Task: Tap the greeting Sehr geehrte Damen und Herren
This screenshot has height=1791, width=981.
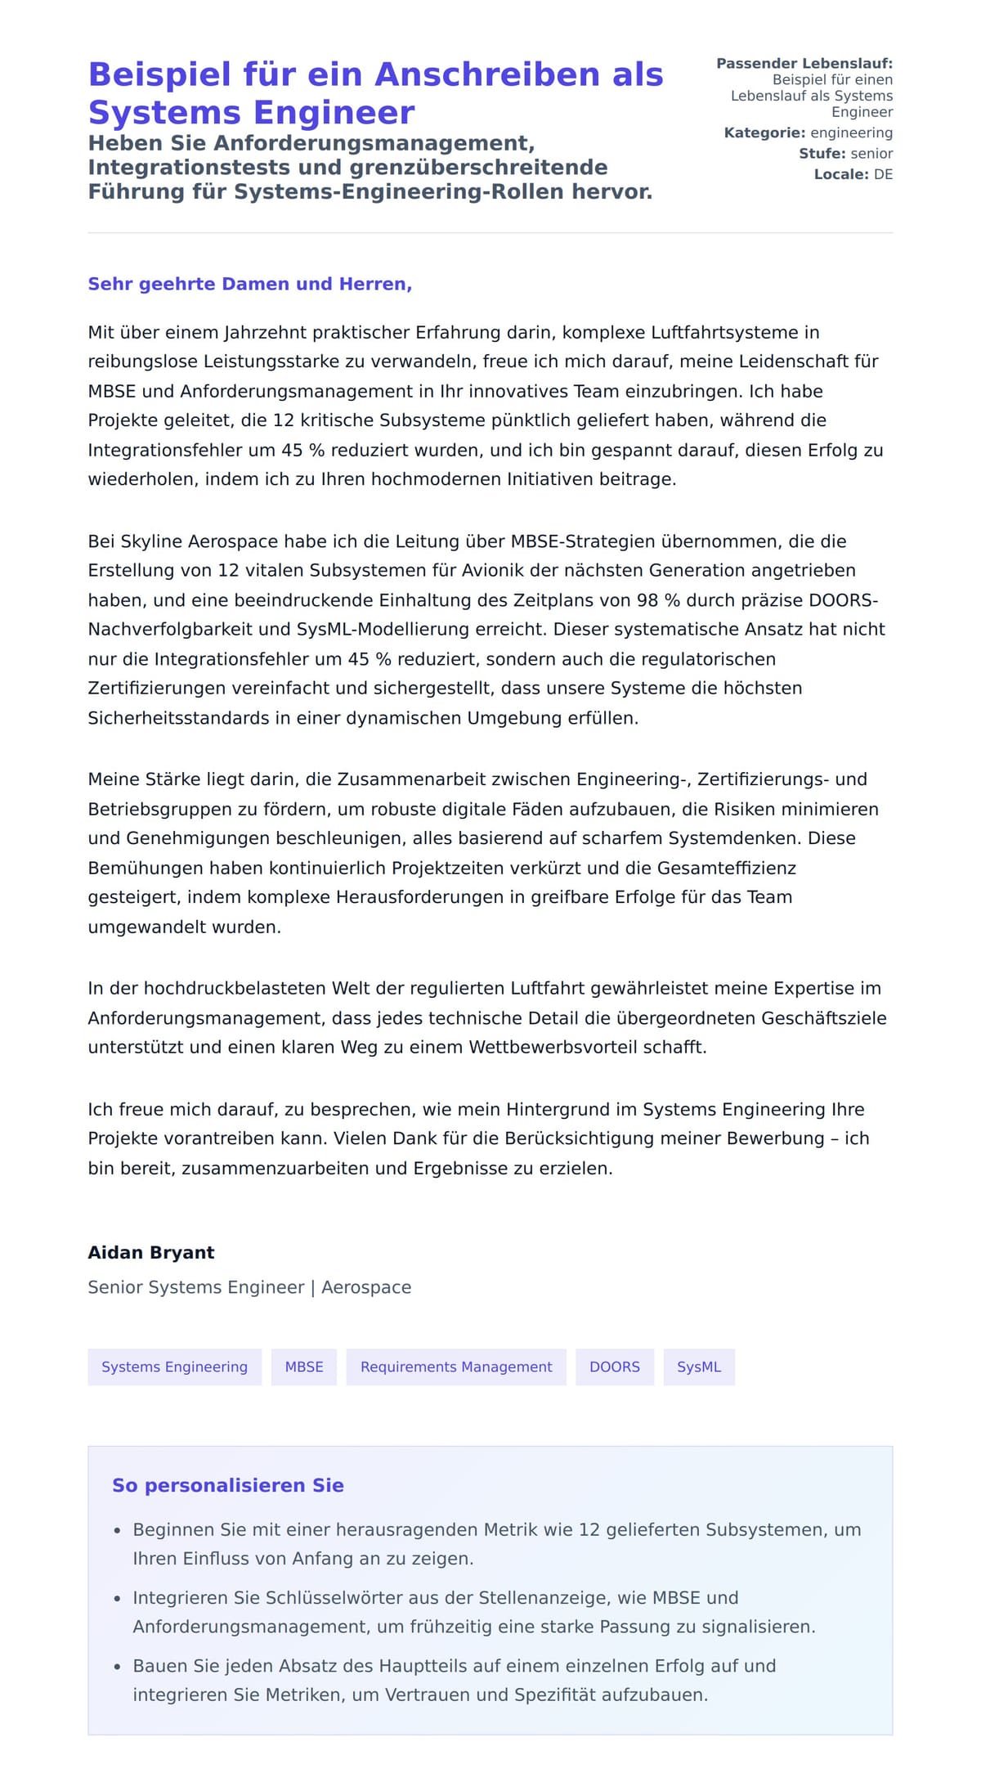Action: (249, 284)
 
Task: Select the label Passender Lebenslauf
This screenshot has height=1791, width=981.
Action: (804, 63)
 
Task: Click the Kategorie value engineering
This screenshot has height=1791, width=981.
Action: (851, 132)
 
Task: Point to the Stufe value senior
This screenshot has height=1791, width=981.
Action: (871, 153)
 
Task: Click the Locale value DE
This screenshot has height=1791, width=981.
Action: (883, 174)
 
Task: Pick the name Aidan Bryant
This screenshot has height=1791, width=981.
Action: (151, 1252)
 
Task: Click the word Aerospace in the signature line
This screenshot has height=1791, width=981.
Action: (366, 1287)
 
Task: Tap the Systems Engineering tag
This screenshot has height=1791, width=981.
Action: (174, 1367)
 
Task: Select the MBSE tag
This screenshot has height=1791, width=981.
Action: (304, 1367)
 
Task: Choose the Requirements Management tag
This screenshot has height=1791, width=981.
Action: (456, 1367)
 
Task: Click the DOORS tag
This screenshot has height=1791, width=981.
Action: (615, 1367)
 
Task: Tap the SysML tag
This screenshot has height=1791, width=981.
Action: (699, 1367)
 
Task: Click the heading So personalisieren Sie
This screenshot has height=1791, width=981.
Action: (228, 1485)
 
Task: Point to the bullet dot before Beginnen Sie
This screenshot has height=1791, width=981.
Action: (118, 1530)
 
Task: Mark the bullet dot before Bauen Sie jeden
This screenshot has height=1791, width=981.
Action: (118, 1667)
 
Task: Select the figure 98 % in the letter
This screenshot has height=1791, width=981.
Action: (658, 600)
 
